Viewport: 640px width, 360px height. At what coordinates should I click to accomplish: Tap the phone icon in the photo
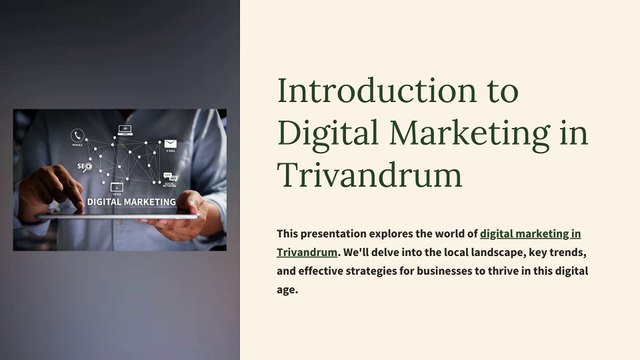pyautogui.click(x=77, y=135)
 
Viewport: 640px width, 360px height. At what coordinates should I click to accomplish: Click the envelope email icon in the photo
pyautogui.click(x=170, y=145)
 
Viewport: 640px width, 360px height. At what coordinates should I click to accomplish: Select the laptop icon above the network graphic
pyautogui.click(x=125, y=129)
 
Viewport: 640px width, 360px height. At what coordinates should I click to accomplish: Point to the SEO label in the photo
pyautogui.click(x=84, y=167)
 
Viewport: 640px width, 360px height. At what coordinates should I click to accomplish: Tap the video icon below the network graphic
pyautogui.click(x=117, y=186)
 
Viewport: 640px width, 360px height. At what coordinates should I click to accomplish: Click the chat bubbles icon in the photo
pyautogui.click(x=170, y=180)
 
